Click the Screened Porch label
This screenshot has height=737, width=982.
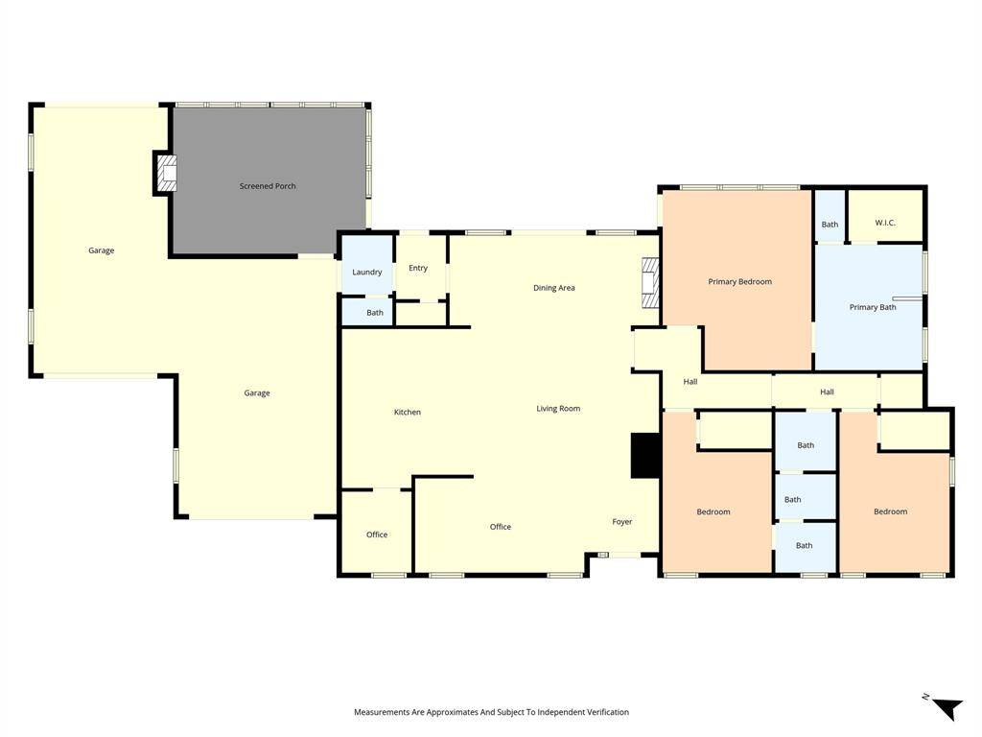(268, 186)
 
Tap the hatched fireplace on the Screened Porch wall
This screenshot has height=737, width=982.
(167, 174)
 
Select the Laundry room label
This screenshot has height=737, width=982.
(367, 273)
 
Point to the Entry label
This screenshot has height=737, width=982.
(418, 269)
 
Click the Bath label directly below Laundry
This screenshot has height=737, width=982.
(375, 313)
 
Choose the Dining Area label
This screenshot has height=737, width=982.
(554, 288)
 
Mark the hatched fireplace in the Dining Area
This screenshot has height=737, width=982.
(651, 283)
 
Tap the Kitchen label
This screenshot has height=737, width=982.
(408, 413)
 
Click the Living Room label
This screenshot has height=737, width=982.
(558, 409)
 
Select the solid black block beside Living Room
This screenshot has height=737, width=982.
(644, 456)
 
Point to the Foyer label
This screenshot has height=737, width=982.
(622, 522)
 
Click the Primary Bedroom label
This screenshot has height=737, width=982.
(740, 282)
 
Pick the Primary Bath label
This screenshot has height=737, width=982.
(873, 308)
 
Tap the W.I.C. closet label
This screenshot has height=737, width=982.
(885, 224)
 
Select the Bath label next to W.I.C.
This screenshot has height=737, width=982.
(830, 225)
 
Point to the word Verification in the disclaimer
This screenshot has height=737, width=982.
(603, 712)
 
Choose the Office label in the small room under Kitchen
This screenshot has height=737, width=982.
(377, 535)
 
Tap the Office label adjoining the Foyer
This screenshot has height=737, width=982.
(501, 527)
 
